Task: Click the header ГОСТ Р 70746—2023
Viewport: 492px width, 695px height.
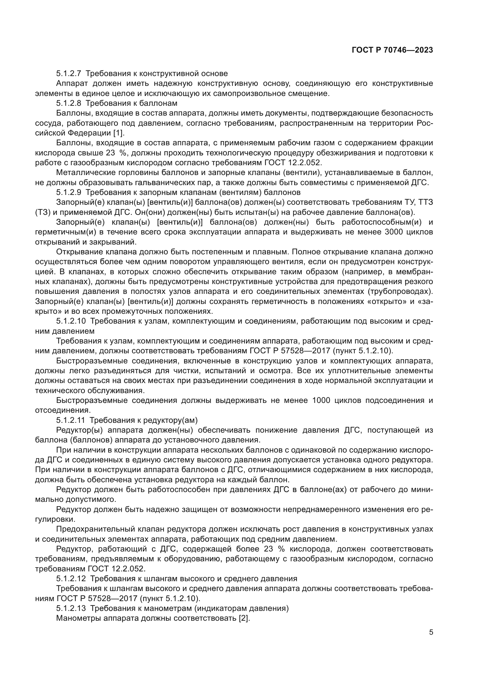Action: click(x=392, y=50)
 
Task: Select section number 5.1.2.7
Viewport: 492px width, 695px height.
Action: click(x=68, y=74)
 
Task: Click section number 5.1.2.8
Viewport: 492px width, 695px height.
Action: click(x=68, y=103)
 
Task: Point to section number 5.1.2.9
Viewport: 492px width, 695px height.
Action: click(x=68, y=192)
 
